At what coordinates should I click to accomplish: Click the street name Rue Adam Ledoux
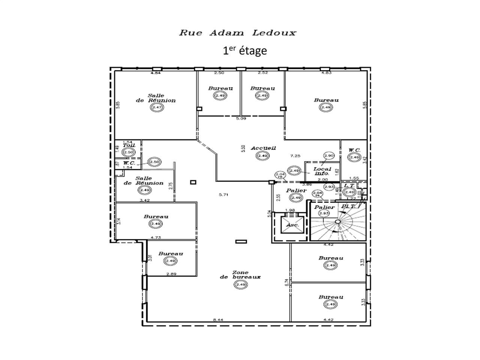238,33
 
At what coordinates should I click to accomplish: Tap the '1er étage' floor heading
245,50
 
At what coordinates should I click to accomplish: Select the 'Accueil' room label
263,148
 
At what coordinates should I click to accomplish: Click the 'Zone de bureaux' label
240,275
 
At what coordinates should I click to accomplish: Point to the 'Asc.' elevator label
292,225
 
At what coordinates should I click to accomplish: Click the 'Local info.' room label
321,171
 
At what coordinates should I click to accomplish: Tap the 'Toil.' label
128,145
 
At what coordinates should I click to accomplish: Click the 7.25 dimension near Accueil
295,155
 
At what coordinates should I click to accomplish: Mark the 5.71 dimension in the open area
224,194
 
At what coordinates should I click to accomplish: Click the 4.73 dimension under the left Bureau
156,237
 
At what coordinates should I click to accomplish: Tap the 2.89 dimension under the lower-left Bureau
171,274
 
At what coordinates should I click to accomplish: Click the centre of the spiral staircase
337,222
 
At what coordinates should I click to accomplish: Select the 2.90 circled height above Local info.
328,156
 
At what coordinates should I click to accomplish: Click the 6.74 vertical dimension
286,282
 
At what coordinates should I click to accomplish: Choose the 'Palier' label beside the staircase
324,207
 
